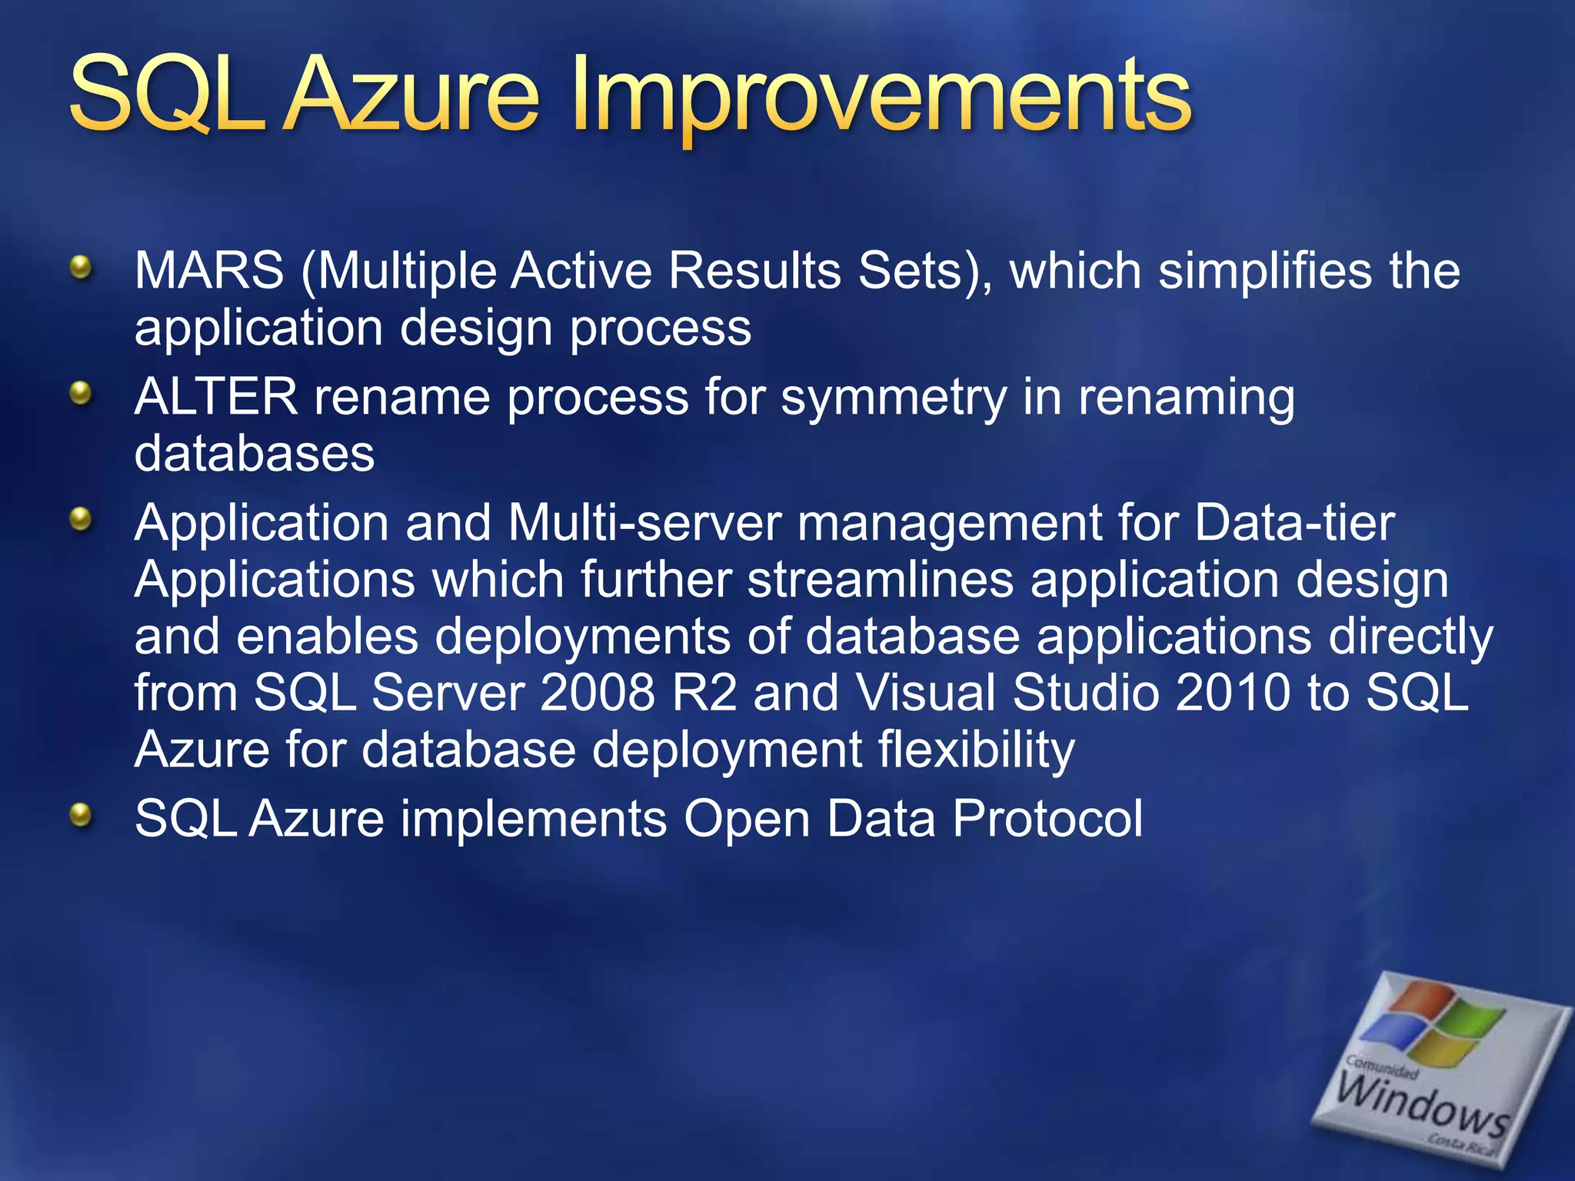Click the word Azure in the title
(411, 96)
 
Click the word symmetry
(893, 399)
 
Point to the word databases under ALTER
(255, 454)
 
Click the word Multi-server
(644, 524)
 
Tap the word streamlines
(881, 580)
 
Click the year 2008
(597, 693)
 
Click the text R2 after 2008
(704, 693)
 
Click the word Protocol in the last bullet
(1047, 818)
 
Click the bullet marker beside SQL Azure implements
(80, 816)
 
